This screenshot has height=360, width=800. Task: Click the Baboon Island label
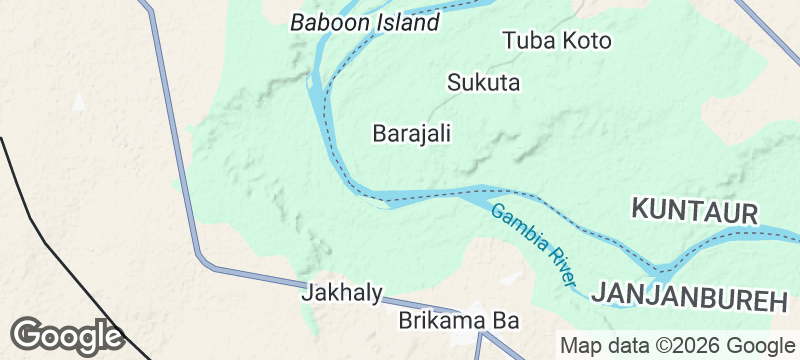(x=364, y=22)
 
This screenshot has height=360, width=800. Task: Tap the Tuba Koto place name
(x=557, y=41)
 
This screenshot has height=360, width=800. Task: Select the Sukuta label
(x=484, y=82)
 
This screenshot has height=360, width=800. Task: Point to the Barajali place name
(x=411, y=133)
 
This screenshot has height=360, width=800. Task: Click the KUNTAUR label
(x=695, y=210)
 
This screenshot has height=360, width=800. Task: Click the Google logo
(x=67, y=335)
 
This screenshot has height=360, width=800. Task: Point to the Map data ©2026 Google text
(x=676, y=346)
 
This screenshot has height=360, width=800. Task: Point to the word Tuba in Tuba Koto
(x=528, y=41)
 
